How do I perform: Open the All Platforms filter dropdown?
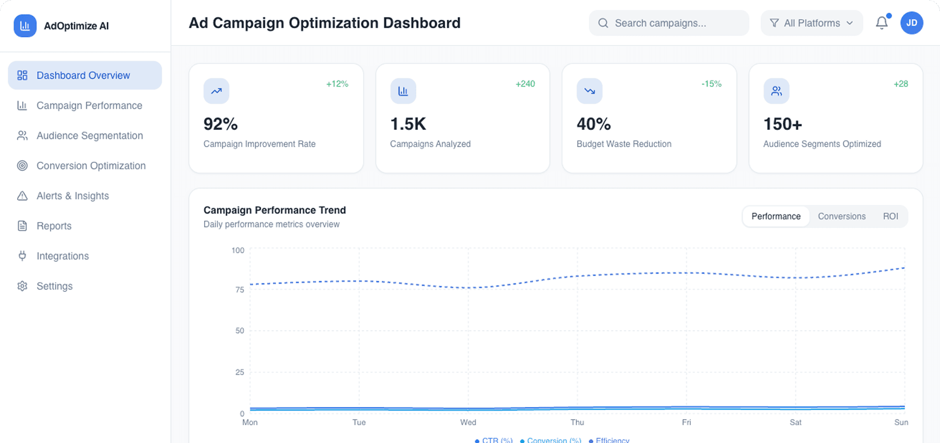click(x=811, y=23)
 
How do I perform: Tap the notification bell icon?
click(x=881, y=23)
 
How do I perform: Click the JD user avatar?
click(x=911, y=23)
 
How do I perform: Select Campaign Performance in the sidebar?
click(x=89, y=106)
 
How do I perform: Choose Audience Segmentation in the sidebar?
click(x=89, y=136)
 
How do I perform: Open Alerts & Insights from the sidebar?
click(x=72, y=196)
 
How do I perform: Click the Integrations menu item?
click(x=62, y=256)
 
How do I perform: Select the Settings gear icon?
click(x=22, y=286)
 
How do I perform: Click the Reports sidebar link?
click(x=54, y=226)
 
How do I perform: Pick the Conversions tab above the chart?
click(x=841, y=216)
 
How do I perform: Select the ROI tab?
click(x=890, y=216)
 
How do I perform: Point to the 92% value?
click(x=220, y=124)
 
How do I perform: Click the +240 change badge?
click(x=525, y=84)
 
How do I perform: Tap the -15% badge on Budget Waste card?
click(x=711, y=84)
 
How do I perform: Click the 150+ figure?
click(x=782, y=124)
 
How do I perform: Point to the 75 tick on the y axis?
click(x=240, y=290)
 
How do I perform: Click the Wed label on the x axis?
click(x=468, y=422)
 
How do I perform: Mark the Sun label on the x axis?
click(x=901, y=422)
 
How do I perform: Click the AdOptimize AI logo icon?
click(x=25, y=26)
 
